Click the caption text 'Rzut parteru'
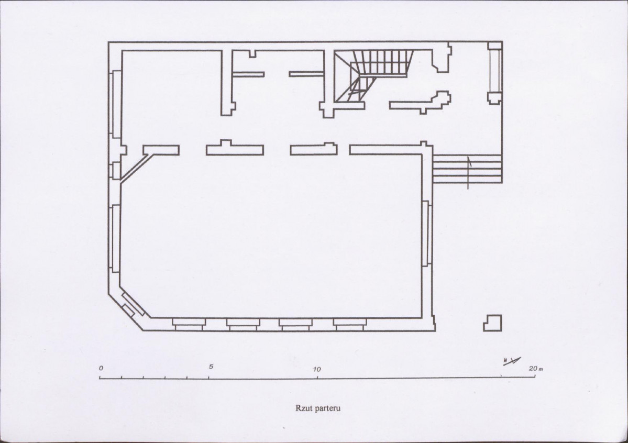[318, 408]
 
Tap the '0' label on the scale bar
[101, 368]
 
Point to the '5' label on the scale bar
[211, 367]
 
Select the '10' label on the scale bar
[317, 369]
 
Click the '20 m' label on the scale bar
[535, 369]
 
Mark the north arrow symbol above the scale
[512, 361]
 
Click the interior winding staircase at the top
[372, 75]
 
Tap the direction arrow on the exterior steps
[469, 172]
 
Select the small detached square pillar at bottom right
[492, 323]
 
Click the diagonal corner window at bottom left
[134, 305]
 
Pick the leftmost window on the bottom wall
[189, 324]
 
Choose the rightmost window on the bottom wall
[350, 324]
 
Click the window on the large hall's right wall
[427, 233]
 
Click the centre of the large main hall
[271, 236]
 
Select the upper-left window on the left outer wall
[116, 104]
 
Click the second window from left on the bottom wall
[243, 324]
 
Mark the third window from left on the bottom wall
[295, 324]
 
